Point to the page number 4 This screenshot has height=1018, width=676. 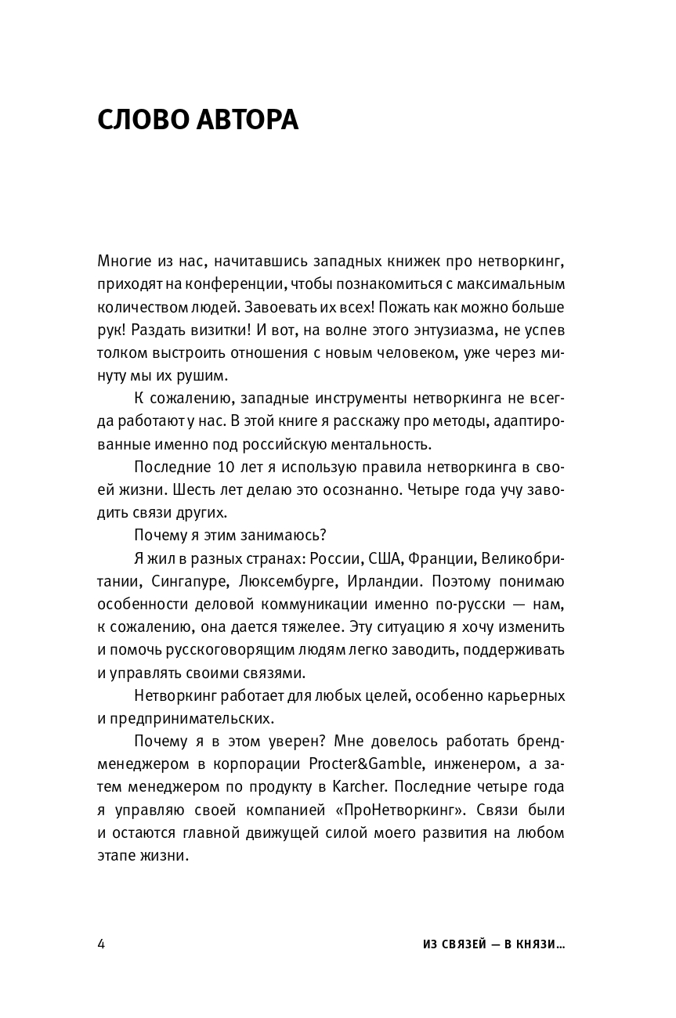pos(101,943)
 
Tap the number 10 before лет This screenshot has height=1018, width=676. pos(217,467)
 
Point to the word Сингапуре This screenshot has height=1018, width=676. pos(174,582)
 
